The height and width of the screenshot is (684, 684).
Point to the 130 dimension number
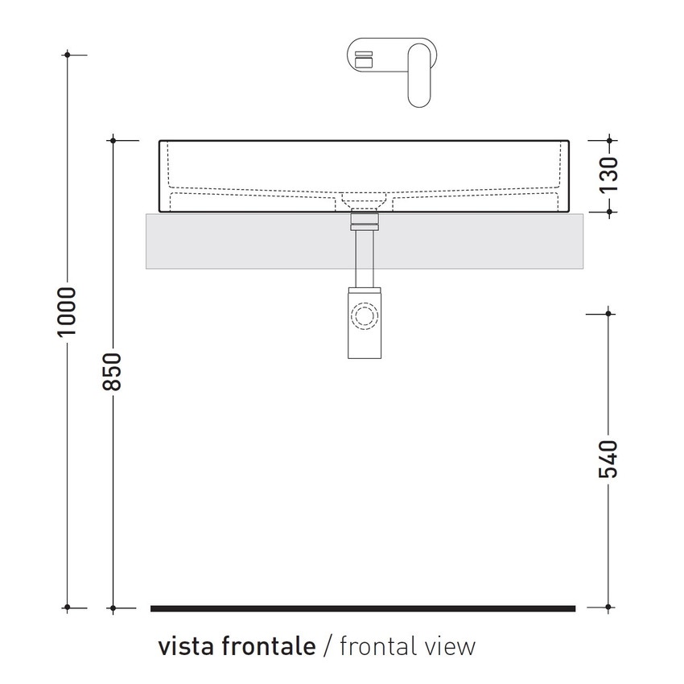(609, 172)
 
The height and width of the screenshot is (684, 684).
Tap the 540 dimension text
(609, 459)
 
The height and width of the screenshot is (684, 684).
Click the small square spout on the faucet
(365, 59)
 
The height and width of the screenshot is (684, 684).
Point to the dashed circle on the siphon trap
(365, 315)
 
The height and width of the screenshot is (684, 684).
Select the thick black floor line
(363, 608)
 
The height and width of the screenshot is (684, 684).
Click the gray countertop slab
(241, 241)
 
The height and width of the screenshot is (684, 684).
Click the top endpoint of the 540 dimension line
(609, 312)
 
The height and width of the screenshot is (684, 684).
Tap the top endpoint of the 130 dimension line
(609, 140)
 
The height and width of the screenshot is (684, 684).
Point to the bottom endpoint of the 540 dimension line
(609, 608)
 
